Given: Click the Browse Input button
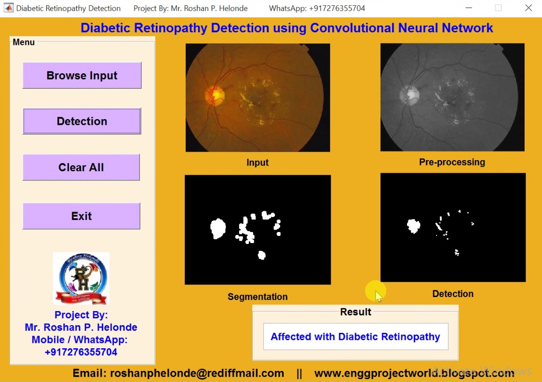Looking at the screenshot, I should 82,75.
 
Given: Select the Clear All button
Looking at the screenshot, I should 81,167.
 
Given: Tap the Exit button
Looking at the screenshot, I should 81,216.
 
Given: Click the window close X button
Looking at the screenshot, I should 528,8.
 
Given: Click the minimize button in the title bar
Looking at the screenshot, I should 468,8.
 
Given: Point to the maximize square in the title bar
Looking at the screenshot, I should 498,8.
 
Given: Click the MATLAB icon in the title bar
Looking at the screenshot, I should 9,8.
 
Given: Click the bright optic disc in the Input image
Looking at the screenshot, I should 215,95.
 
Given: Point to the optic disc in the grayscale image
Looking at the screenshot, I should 410,95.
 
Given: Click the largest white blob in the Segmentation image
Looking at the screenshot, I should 218,228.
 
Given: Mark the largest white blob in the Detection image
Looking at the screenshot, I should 413,226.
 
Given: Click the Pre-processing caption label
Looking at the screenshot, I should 452,162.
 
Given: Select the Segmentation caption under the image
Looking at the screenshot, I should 257,297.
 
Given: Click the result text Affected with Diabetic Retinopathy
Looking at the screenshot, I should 355,337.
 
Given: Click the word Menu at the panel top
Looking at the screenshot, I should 24,42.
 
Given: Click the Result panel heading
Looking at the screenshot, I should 355,312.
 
